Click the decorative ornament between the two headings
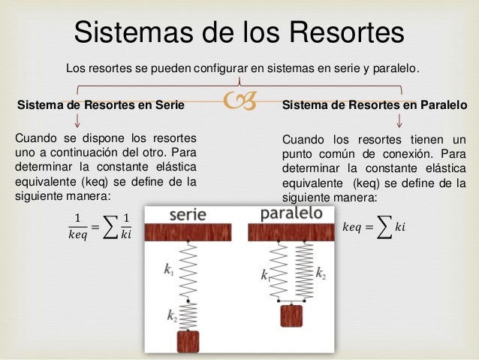pos(239,106)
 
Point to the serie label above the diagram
pos(188,213)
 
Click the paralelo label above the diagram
pos(291,213)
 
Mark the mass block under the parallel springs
pos(291,314)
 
